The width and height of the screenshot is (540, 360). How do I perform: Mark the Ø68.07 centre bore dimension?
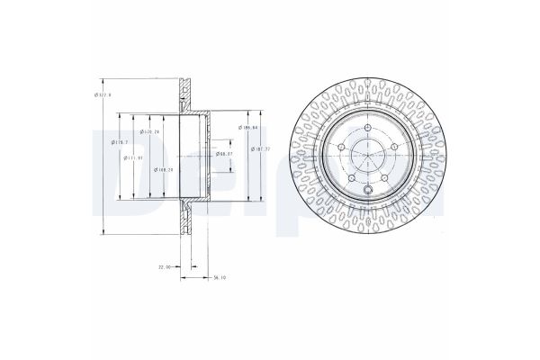click(x=224, y=154)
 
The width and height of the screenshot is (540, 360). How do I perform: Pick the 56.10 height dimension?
click(x=218, y=277)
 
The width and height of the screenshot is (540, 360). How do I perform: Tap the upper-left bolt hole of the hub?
click(x=342, y=148)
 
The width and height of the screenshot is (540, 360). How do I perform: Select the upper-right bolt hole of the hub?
click(x=393, y=148)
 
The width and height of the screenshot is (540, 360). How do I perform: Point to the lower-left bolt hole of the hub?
click(x=352, y=178)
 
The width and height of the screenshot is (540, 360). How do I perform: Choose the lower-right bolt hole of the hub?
click(x=383, y=178)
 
